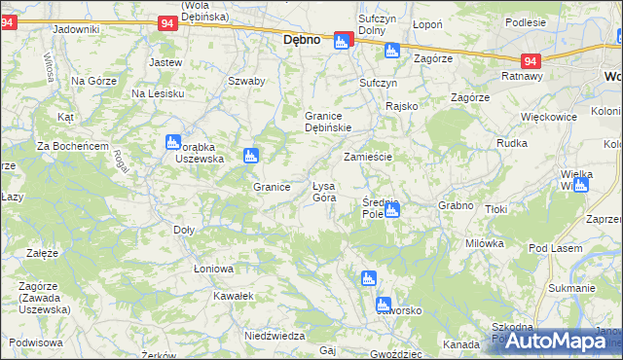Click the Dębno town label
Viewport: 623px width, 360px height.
click(302, 41)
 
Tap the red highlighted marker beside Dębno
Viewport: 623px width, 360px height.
click(342, 41)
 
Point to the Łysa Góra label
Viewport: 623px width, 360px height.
click(323, 192)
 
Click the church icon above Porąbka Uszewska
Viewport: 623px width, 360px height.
click(173, 141)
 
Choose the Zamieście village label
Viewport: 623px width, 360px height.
click(368, 157)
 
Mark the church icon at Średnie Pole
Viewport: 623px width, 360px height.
click(391, 208)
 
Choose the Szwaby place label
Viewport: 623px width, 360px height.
click(246, 81)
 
